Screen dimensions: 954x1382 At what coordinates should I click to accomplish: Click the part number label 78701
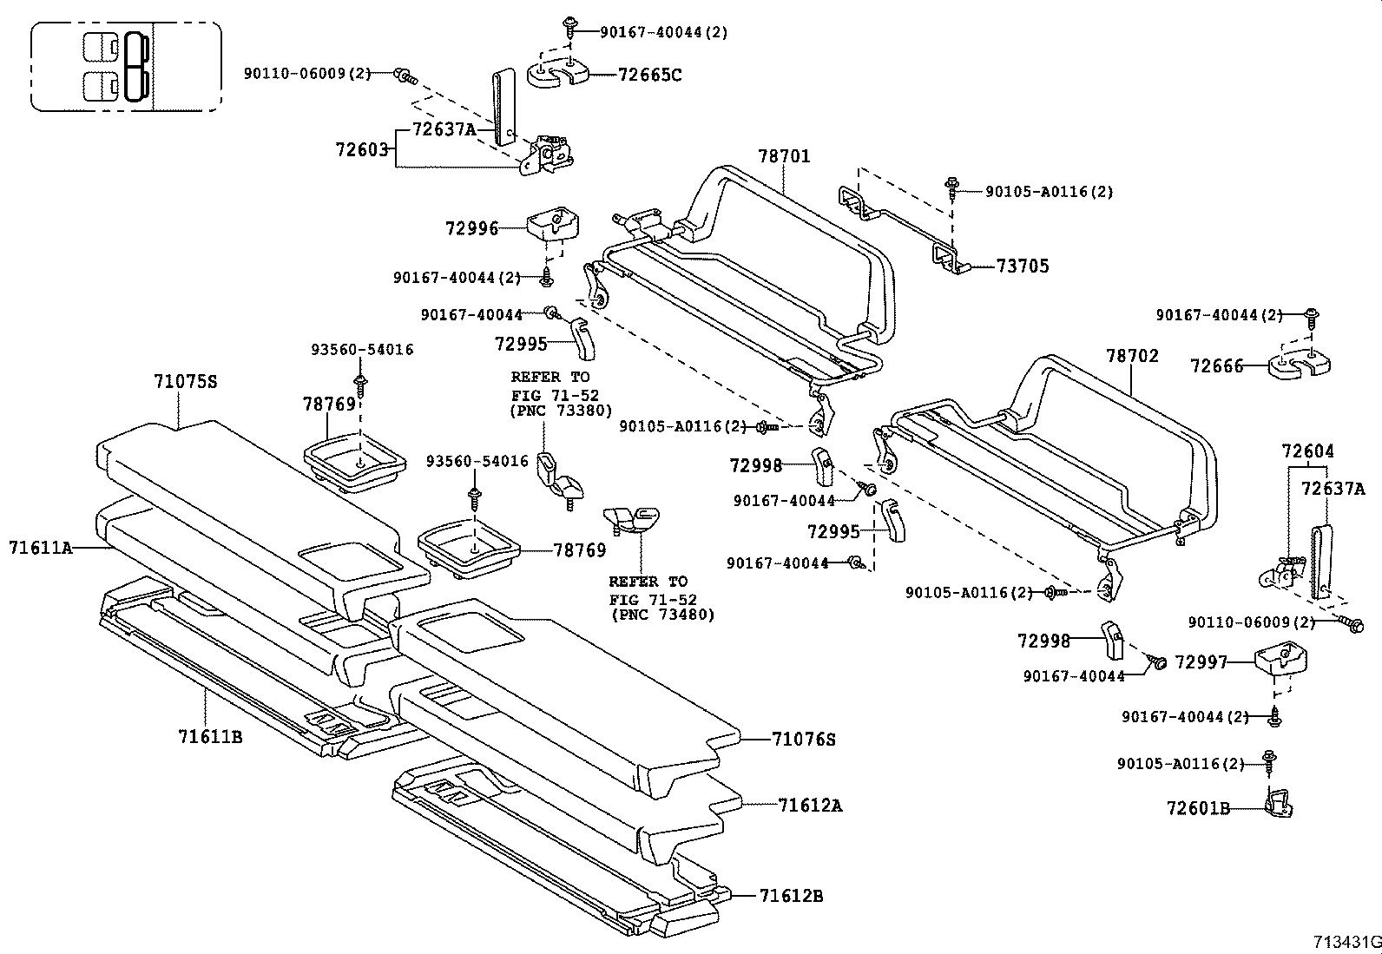(x=783, y=156)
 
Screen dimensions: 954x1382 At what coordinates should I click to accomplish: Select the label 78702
(x=1132, y=356)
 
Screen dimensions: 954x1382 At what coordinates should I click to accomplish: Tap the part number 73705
(x=1023, y=266)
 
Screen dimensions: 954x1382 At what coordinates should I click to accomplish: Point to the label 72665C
(x=649, y=75)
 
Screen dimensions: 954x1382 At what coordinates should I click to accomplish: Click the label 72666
(x=1216, y=366)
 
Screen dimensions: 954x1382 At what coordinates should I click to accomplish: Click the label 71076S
(x=803, y=740)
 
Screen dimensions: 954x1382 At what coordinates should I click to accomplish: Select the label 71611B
(x=210, y=737)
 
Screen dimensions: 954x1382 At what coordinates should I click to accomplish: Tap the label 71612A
(x=810, y=805)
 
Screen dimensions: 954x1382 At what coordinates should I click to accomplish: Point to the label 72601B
(x=1198, y=809)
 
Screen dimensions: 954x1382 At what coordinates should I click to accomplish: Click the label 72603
(x=362, y=149)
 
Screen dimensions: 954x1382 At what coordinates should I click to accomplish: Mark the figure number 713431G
(x=1346, y=942)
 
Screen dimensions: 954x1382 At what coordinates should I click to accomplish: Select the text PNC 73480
(x=662, y=615)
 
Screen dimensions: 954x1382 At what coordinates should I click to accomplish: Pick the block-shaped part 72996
(x=551, y=223)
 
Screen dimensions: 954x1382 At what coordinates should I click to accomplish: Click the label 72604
(x=1308, y=451)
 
